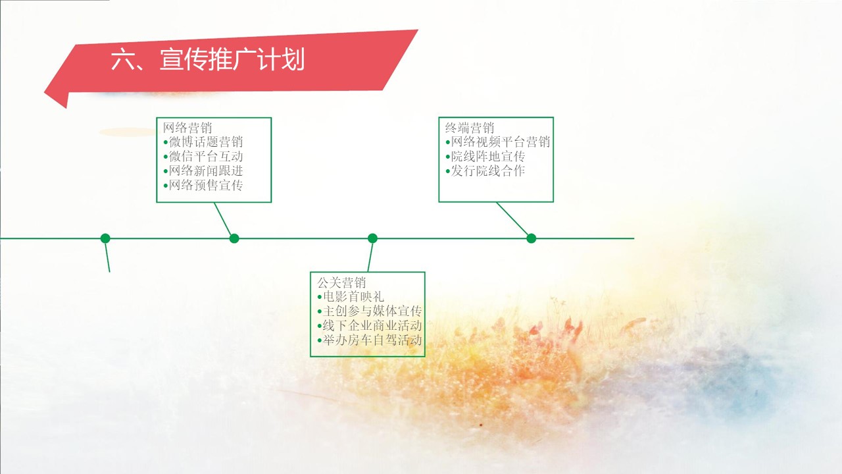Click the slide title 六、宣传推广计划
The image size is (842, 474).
coord(207,60)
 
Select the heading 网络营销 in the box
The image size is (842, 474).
coord(187,128)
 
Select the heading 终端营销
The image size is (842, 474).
coord(470,128)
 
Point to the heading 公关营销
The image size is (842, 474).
coord(341,282)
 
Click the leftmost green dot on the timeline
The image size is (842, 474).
coord(105,238)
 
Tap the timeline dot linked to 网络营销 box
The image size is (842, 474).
coord(234,238)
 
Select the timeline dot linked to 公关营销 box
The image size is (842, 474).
coord(372,238)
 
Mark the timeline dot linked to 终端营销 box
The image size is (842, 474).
coord(531,238)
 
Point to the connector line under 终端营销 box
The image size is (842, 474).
coord(512,219)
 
